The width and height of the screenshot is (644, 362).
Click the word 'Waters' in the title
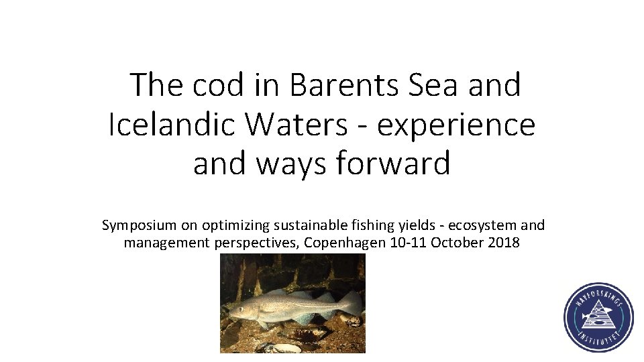[x=299, y=125]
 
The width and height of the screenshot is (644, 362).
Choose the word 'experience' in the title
[x=456, y=125]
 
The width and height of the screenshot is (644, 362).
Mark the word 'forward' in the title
[x=394, y=163]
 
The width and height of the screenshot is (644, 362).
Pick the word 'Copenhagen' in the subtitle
[x=345, y=243]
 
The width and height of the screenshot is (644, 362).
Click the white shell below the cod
[x=285, y=348]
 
